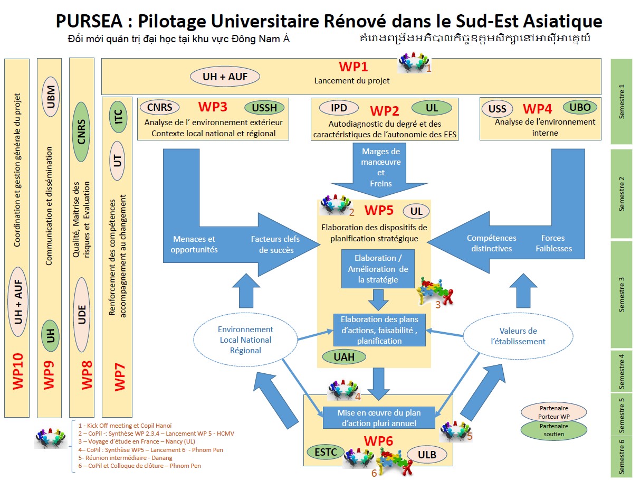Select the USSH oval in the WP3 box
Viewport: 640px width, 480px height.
[x=264, y=108]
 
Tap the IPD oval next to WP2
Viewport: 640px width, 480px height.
[x=339, y=108]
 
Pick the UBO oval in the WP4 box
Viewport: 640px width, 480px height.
[x=580, y=107]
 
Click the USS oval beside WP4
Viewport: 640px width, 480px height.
[x=497, y=109]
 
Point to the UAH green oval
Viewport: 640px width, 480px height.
[x=344, y=356]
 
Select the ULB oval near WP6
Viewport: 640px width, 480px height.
[x=431, y=454]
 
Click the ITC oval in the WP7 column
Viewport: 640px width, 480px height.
[x=118, y=116]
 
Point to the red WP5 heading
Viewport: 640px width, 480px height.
[x=378, y=210]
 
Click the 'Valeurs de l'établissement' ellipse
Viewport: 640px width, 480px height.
[x=518, y=336]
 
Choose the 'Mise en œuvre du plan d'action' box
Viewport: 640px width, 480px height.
[x=379, y=418]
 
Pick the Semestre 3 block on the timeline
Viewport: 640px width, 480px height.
[x=621, y=295]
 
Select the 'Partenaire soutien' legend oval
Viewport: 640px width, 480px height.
[x=553, y=430]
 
